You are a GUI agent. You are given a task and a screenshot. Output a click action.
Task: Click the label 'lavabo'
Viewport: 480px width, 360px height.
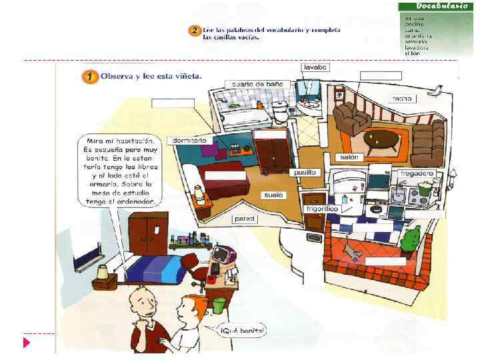[315, 68]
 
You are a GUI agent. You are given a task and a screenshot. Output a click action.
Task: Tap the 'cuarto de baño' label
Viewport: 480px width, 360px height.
[257, 84]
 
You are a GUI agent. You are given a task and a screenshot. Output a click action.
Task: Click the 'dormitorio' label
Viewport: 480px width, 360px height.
[189, 141]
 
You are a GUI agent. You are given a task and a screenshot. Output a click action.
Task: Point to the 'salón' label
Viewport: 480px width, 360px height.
[349, 157]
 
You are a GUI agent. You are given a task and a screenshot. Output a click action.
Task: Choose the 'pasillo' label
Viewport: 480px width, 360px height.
[305, 172]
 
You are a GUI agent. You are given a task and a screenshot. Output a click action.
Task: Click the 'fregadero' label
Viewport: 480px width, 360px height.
[417, 173]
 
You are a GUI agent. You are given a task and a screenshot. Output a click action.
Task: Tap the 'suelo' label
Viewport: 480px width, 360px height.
[273, 195]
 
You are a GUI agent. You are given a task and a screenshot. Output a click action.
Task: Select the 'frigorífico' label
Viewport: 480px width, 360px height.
[322, 209]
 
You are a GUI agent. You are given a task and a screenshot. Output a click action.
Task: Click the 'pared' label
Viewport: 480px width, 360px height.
[245, 219]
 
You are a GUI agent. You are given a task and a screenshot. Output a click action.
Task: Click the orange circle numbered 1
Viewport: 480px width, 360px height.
[89, 77]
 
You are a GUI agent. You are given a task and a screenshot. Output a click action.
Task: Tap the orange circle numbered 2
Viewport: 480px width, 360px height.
[194, 31]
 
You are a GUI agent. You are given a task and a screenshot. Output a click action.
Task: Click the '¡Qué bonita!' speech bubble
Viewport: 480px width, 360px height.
[243, 330]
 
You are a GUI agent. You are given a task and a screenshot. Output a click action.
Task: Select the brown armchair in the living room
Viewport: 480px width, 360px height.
[351, 119]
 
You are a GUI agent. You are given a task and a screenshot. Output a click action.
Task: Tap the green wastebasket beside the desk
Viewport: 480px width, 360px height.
[218, 306]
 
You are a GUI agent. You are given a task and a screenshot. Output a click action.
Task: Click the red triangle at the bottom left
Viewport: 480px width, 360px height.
[27, 343]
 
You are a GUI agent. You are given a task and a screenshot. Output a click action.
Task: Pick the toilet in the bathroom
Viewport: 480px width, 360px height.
[281, 109]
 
